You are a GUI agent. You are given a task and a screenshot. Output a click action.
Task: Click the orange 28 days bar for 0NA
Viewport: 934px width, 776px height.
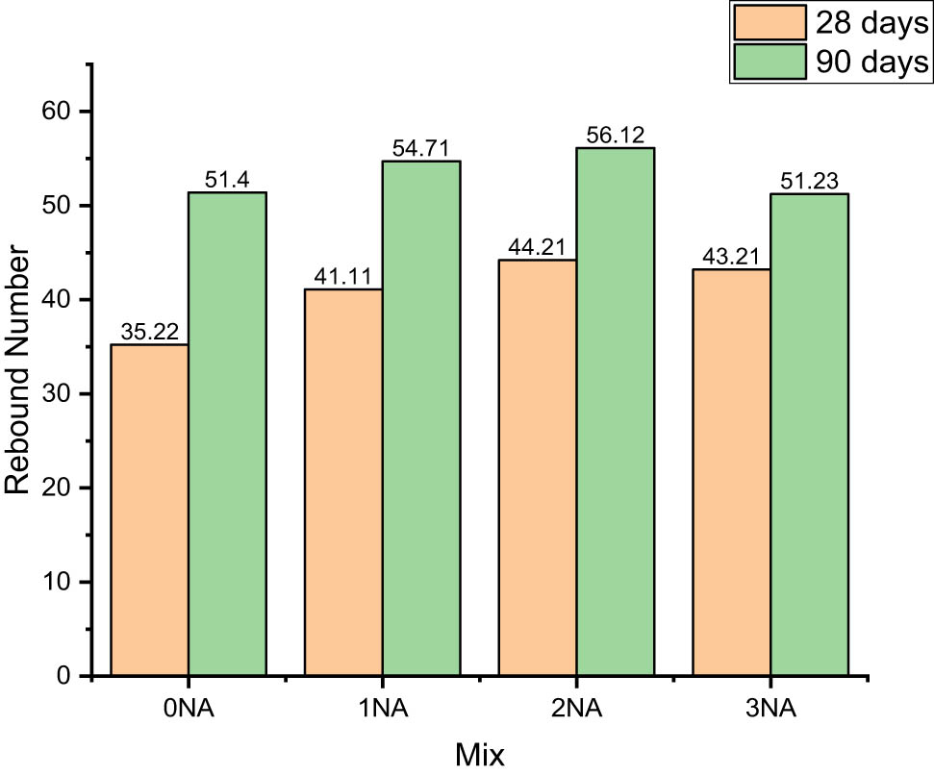click(x=149, y=510)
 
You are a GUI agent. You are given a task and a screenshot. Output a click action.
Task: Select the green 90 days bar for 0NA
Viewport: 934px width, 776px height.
click(x=227, y=433)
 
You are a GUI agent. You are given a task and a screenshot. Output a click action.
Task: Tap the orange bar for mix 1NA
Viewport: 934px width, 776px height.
click(x=343, y=481)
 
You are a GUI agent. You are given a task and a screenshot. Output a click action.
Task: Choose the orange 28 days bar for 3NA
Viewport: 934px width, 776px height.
click(x=732, y=471)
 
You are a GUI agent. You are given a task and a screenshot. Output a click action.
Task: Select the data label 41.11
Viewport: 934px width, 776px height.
click(x=343, y=278)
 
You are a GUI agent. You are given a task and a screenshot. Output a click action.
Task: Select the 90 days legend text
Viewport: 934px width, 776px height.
click(x=873, y=62)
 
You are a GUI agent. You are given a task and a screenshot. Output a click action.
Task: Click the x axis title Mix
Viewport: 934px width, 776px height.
click(x=479, y=755)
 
